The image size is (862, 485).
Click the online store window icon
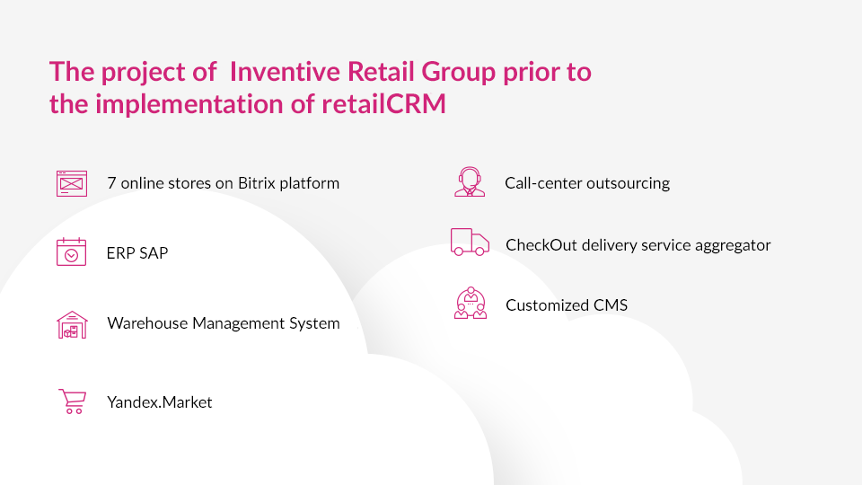click(72, 183)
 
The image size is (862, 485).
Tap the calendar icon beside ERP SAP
click(72, 251)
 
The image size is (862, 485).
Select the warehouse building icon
click(72, 324)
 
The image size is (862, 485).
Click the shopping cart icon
click(73, 401)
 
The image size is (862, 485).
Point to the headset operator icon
click(470, 182)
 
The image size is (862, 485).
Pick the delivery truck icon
click(470, 242)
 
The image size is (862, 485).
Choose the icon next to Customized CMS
click(471, 303)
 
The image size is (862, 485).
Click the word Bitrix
click(256, 183)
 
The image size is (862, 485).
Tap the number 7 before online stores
click(111, 183)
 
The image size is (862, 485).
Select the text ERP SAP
click(137, 253)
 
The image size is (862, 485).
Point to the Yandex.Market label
click(160, 402)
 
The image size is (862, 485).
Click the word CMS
click(611, 305)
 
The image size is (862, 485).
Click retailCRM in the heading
click(383, 103)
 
